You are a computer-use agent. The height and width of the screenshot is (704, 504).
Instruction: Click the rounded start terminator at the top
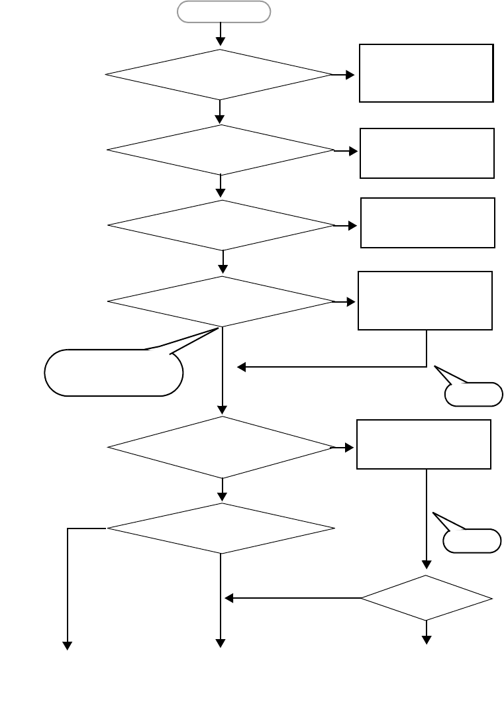point(223,12)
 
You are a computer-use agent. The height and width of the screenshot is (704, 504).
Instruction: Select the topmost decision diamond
point(219,75)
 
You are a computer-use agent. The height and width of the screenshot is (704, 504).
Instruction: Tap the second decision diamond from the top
point(221,150)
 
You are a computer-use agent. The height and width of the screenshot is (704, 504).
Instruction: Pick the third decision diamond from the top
point(221,225)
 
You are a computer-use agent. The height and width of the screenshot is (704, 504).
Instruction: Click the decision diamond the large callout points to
point(221,301)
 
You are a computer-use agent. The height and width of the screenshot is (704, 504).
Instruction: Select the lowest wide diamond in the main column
point(221,528)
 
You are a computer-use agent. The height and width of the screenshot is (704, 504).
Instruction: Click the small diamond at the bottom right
point(427,598)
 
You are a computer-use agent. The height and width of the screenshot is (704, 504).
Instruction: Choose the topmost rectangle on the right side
point(426,73)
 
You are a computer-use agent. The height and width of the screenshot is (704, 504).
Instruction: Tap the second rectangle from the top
point(427,153)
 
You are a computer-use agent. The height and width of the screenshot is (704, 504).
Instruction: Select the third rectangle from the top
point(428,223)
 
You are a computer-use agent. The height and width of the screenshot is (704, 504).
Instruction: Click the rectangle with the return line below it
point(425,300)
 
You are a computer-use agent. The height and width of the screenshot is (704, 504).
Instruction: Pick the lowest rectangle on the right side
point(424,444)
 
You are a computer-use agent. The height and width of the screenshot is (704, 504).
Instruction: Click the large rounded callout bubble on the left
point(113,373)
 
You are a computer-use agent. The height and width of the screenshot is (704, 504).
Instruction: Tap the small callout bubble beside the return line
point(474,394)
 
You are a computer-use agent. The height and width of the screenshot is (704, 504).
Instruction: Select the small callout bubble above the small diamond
point(472,540)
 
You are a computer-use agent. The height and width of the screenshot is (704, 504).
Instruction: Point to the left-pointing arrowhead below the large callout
point(242,366)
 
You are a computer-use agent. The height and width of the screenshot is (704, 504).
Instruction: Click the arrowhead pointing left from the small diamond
point(229,599)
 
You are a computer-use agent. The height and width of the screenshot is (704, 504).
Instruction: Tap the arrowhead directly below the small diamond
point(427,640)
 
